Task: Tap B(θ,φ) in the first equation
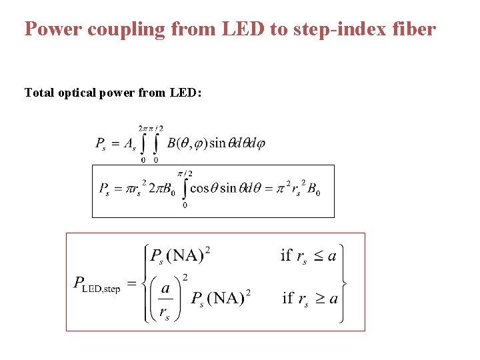[187, 143]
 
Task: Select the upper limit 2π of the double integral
[143, 128]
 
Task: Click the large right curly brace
[344, 283]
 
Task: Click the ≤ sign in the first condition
[317, 255]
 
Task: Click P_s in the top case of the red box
[157, 256]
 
